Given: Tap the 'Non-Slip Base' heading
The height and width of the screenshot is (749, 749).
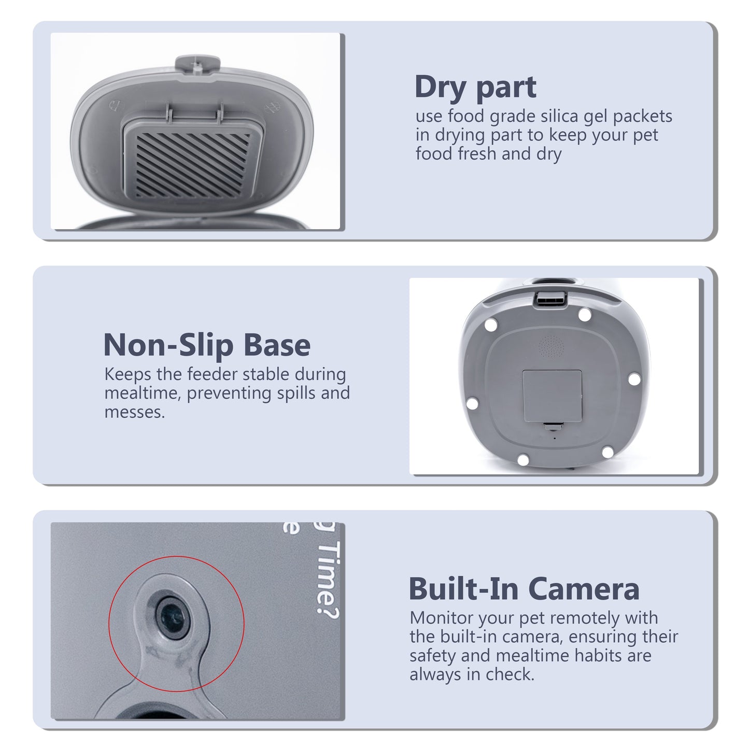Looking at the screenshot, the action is coord(207,345).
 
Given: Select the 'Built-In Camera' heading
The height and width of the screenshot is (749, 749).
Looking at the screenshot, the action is coord(524,589).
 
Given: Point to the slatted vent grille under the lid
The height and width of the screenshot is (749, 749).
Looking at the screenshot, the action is coord(192,165).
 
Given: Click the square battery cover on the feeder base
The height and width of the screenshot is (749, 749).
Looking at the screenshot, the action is coord(552,396).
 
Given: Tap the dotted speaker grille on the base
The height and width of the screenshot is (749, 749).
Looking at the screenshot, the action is coord(551,346).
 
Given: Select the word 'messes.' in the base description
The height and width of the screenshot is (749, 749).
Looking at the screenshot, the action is coord(134,413).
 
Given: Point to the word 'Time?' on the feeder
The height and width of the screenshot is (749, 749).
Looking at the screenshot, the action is coord(328,578).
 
